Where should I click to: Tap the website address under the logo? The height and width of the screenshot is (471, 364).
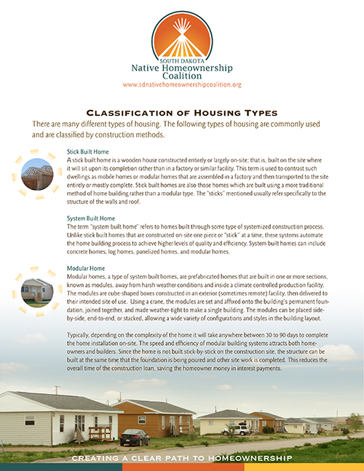182,85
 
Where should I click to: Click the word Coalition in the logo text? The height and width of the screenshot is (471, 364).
182,76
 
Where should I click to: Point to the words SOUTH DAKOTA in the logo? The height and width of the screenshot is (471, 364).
182,60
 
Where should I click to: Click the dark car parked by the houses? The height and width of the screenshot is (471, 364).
134,438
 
